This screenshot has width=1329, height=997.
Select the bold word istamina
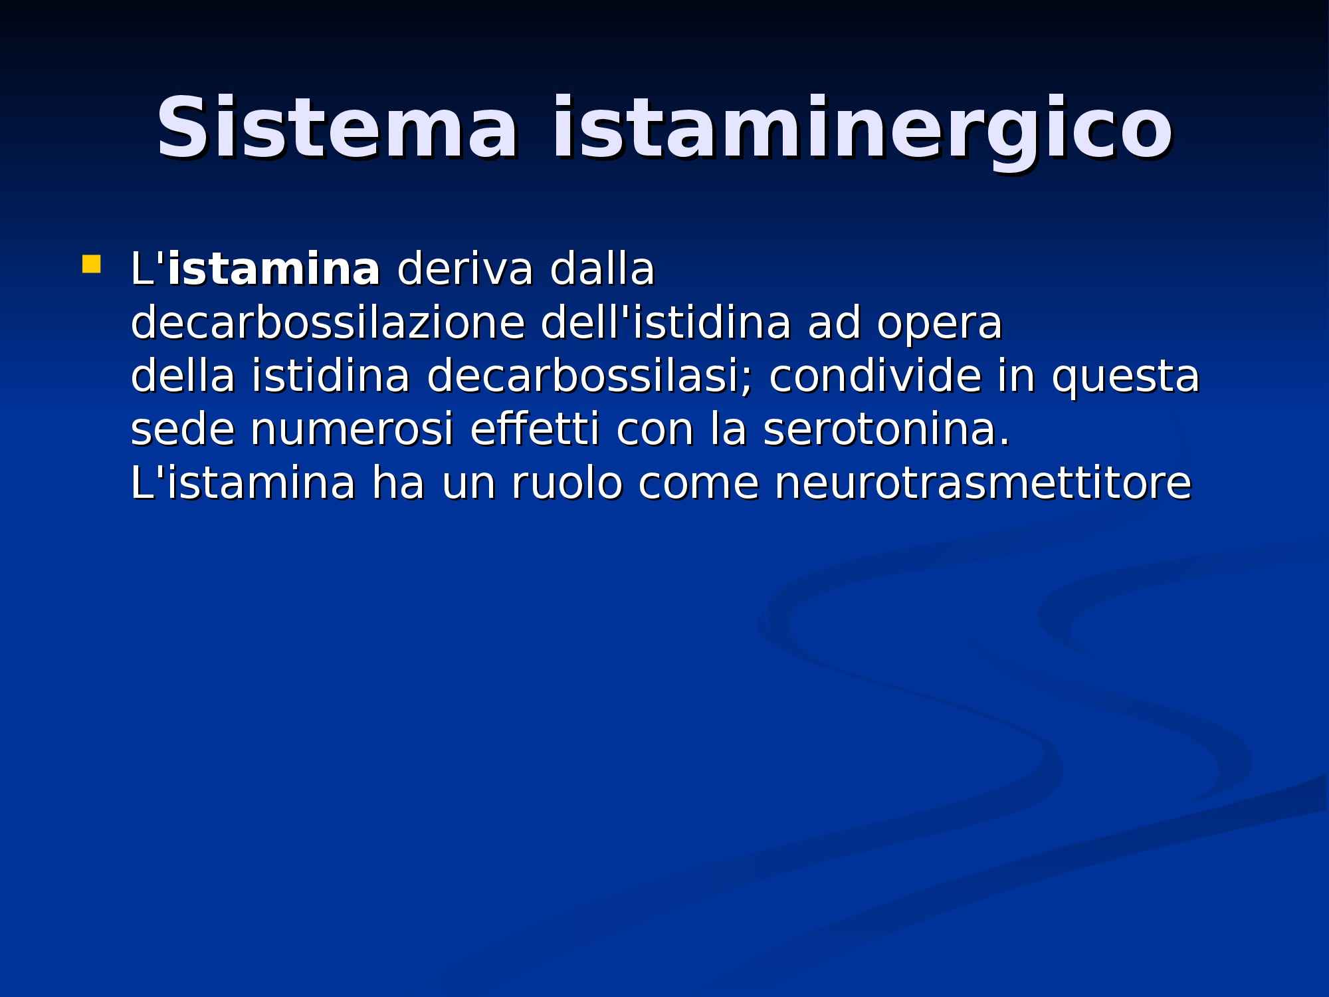coord(274,270)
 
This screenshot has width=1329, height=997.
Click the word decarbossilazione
coord(328,324)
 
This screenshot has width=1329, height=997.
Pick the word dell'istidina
coord(666,324)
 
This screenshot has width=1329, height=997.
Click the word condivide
coord(874,377)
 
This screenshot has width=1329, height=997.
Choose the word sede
coord(183,430)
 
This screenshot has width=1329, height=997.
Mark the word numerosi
coord(352,430)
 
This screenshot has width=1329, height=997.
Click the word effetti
coord(534,430)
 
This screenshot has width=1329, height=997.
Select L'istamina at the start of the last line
coord(243,483)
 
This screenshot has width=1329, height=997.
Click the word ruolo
coord(566,483)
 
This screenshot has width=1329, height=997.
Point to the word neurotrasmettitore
coord(983,483)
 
